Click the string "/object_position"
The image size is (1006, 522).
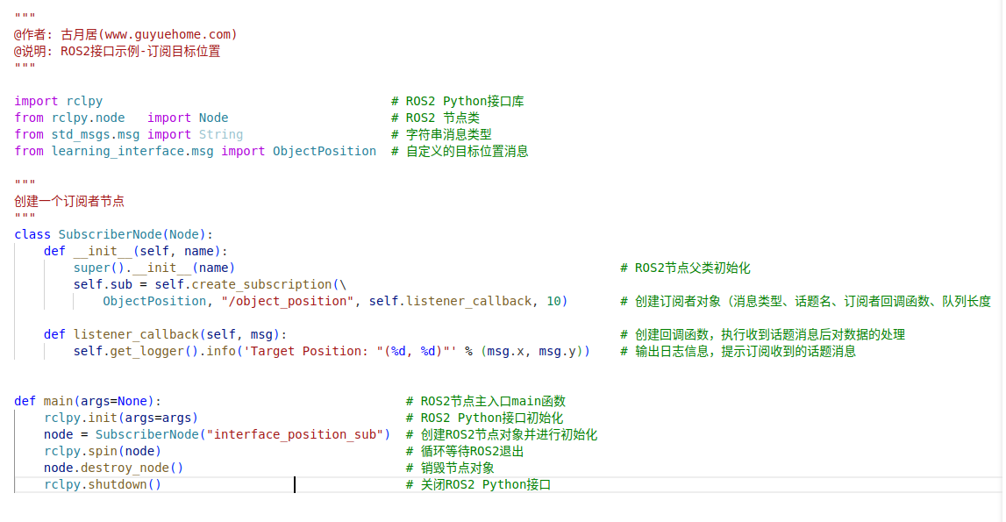[288, 301]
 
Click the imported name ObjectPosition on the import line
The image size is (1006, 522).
[324, 151]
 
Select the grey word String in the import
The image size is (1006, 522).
[220, 134]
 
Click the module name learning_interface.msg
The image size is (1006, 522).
[132, 151]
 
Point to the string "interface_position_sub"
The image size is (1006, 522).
[297, 434]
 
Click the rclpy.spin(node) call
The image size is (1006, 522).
[103, 451]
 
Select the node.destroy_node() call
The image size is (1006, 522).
[113, 468]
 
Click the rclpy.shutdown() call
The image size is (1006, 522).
[103, 484]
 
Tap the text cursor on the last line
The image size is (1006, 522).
[295, 484]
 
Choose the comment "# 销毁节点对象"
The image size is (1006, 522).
[450, 468]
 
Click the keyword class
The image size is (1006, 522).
[32, 234]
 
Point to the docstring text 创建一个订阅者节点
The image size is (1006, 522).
[69, 201]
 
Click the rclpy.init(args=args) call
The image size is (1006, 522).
[121, 418]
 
